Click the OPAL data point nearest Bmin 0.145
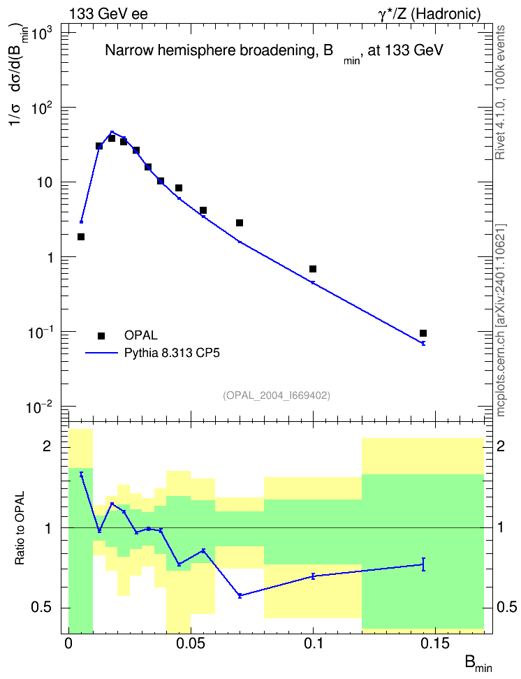(x=423, y=333)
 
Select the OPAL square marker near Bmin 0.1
(x=313, y=269)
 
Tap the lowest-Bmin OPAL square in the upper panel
(x=81, y=237)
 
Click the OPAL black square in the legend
(x=101, y=335)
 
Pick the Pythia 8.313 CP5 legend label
(x=172, y=353)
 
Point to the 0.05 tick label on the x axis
(x=191, y=643)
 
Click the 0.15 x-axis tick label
(x=436, y=643)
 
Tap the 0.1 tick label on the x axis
(x=314, y=643)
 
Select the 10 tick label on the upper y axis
(x=42, y=182)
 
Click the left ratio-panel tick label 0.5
(x=42, y=607)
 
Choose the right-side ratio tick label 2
(x=501, y=446)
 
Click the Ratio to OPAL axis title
(x=20, y=528)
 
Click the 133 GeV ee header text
(x=108, y=14)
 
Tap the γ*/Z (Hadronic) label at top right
(x=430, y=14)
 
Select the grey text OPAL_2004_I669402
(x=277, y=395)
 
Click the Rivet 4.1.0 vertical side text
(x=500, y=126)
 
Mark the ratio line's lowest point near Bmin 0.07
(x=240, y=596)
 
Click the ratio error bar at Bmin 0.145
(x=423, y=564)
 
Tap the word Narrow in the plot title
(x=129, y=51)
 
